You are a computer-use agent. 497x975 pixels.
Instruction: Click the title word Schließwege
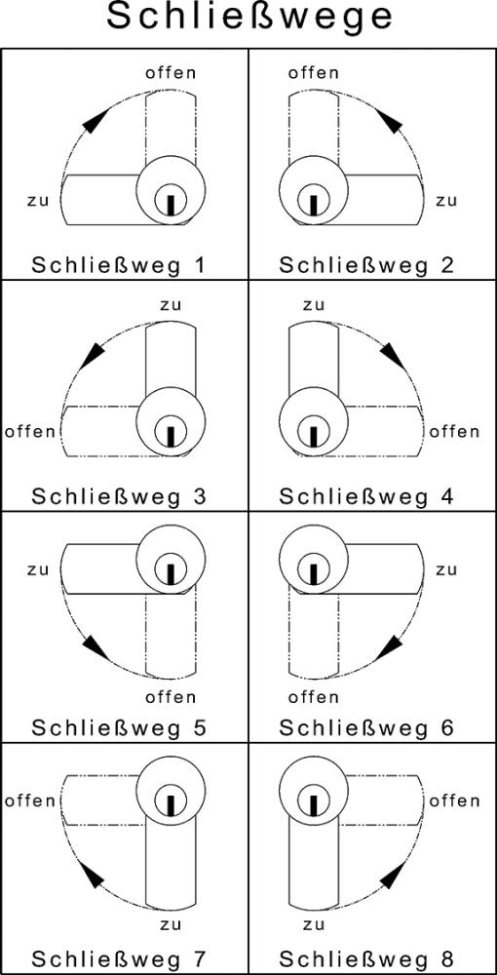click(249, 18)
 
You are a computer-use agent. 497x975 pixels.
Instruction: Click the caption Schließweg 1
click(119, 265)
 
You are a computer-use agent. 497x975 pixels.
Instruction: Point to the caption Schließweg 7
click(119, 957)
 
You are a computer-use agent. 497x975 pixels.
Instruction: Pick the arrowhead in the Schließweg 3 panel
click(92, 354)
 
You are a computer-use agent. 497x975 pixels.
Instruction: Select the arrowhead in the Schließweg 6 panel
click(389, 647)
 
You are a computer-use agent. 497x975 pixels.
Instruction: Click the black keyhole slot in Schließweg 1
click(171, 204)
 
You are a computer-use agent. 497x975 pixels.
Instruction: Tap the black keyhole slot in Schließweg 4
click(314, 435)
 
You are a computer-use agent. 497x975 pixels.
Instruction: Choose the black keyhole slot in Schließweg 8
click(314, 803)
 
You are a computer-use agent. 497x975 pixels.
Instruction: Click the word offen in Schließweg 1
click(171, 73)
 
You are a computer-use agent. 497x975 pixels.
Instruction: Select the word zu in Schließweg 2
click(446, 201)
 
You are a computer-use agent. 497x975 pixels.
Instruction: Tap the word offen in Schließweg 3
click(30, 431)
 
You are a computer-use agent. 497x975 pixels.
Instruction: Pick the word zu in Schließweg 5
click(39, 569)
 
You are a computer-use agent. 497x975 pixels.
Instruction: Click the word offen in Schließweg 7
click(30, 800)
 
